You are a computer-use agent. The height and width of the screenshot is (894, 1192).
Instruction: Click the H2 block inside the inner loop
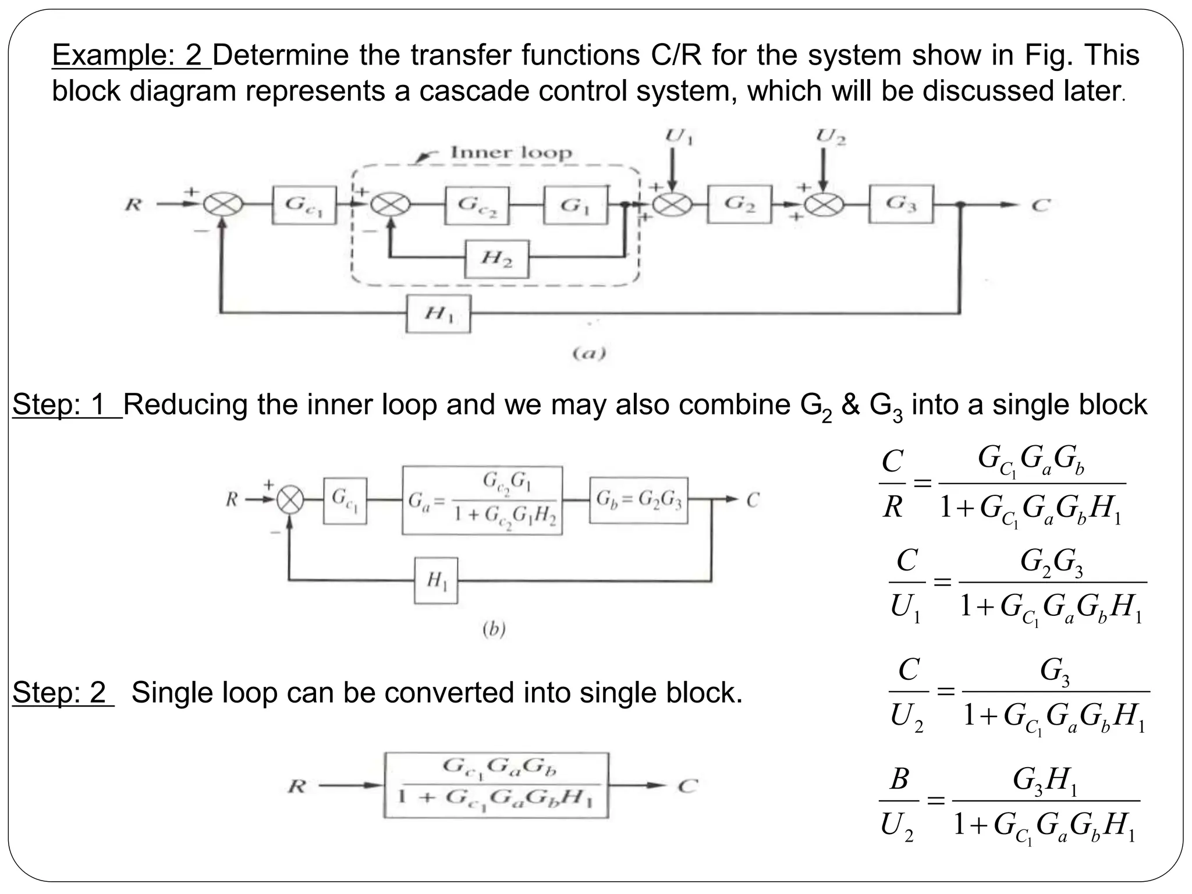pyautogui.click(x=496, y=259)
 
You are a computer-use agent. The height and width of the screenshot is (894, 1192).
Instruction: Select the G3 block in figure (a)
pyautogui.click(x=901, y=204)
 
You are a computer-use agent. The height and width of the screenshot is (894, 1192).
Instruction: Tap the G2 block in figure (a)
pyautogui.click(x=739, y=204)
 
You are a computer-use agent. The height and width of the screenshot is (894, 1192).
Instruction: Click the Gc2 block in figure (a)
pyautogui.click(x=477, y=205)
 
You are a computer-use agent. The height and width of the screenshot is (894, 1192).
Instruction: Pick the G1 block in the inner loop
pyautogui.click(x=576, y=205)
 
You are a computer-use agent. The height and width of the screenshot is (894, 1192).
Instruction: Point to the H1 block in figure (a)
pyautogui.click(x=438, y=314)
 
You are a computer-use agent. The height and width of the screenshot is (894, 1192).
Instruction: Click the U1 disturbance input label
pyautogui.click(x=679, y=137)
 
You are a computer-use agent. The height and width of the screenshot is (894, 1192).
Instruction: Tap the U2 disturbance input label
pyautogui.click(x=831, y=137)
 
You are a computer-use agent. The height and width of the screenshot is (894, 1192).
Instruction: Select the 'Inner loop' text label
pyautogui.click(x=511, y=153)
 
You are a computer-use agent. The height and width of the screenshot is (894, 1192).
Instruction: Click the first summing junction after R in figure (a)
pyautogui.click(x=222, y=205)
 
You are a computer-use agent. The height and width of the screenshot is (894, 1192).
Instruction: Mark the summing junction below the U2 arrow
pyautogui.click(x=823, y=205)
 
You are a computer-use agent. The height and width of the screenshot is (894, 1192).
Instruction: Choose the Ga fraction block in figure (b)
pyautogui.click(x=482, y=501)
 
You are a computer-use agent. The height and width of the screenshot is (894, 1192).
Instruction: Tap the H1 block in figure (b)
pyautogui.click(x=436, y=580)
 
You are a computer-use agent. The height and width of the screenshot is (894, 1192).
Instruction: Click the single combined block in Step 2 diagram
pyautogui.click(x=496, y=786)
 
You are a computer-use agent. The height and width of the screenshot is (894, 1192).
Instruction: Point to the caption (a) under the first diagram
pyautogui.click(x=589, y=353)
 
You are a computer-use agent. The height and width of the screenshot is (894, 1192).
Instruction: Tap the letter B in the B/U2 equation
pyautogui.click(x=899, y=779)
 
